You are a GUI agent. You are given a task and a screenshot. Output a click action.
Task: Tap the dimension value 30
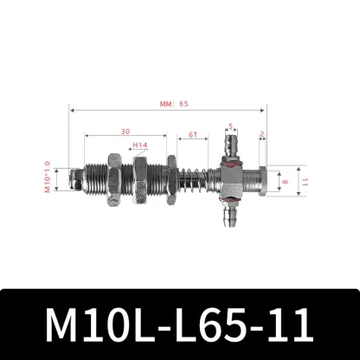click(125, 132)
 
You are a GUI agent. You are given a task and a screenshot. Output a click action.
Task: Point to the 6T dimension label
click(190, 135)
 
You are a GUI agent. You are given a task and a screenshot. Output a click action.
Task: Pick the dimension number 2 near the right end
click(260, 134)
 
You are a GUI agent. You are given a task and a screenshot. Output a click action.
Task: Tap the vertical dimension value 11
click(303, 183)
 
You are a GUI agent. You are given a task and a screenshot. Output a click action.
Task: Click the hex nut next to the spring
click(172, 183)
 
